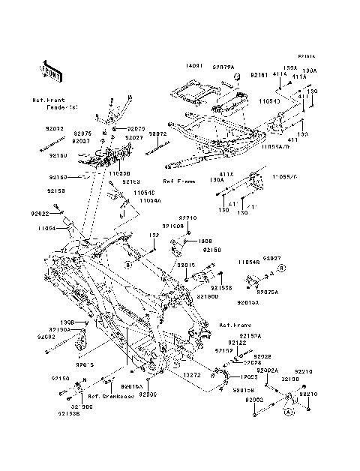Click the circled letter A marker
pos(288,412)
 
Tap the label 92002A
pos(268,370)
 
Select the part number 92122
pos(238,342)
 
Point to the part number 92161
pos(259,75)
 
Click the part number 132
pos(152,235)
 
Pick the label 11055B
pos(118,172)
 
